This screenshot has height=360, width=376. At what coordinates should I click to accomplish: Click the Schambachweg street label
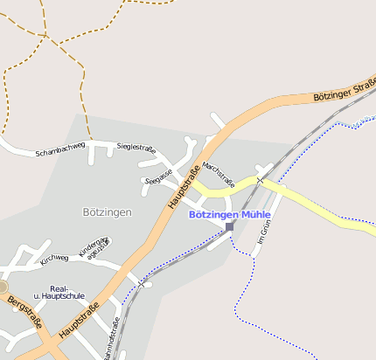tap(60, 152)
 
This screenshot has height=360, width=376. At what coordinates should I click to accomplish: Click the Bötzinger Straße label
tap(344, 91)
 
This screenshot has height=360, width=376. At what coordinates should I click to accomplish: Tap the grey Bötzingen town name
tap(107, 212)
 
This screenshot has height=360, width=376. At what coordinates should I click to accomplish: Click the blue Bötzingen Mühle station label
tap(231, 214)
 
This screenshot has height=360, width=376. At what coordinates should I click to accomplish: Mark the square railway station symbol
tap(230, 227)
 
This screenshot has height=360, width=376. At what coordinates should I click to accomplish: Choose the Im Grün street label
tap(264, 232)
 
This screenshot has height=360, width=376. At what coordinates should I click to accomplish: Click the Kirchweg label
tap(54, 258)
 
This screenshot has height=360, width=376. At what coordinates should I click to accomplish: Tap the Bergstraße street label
tap(24, 312)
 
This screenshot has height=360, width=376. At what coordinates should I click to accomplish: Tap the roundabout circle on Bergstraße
tap(3, 287)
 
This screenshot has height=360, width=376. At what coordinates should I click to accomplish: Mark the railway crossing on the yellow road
tap(260, 181)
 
